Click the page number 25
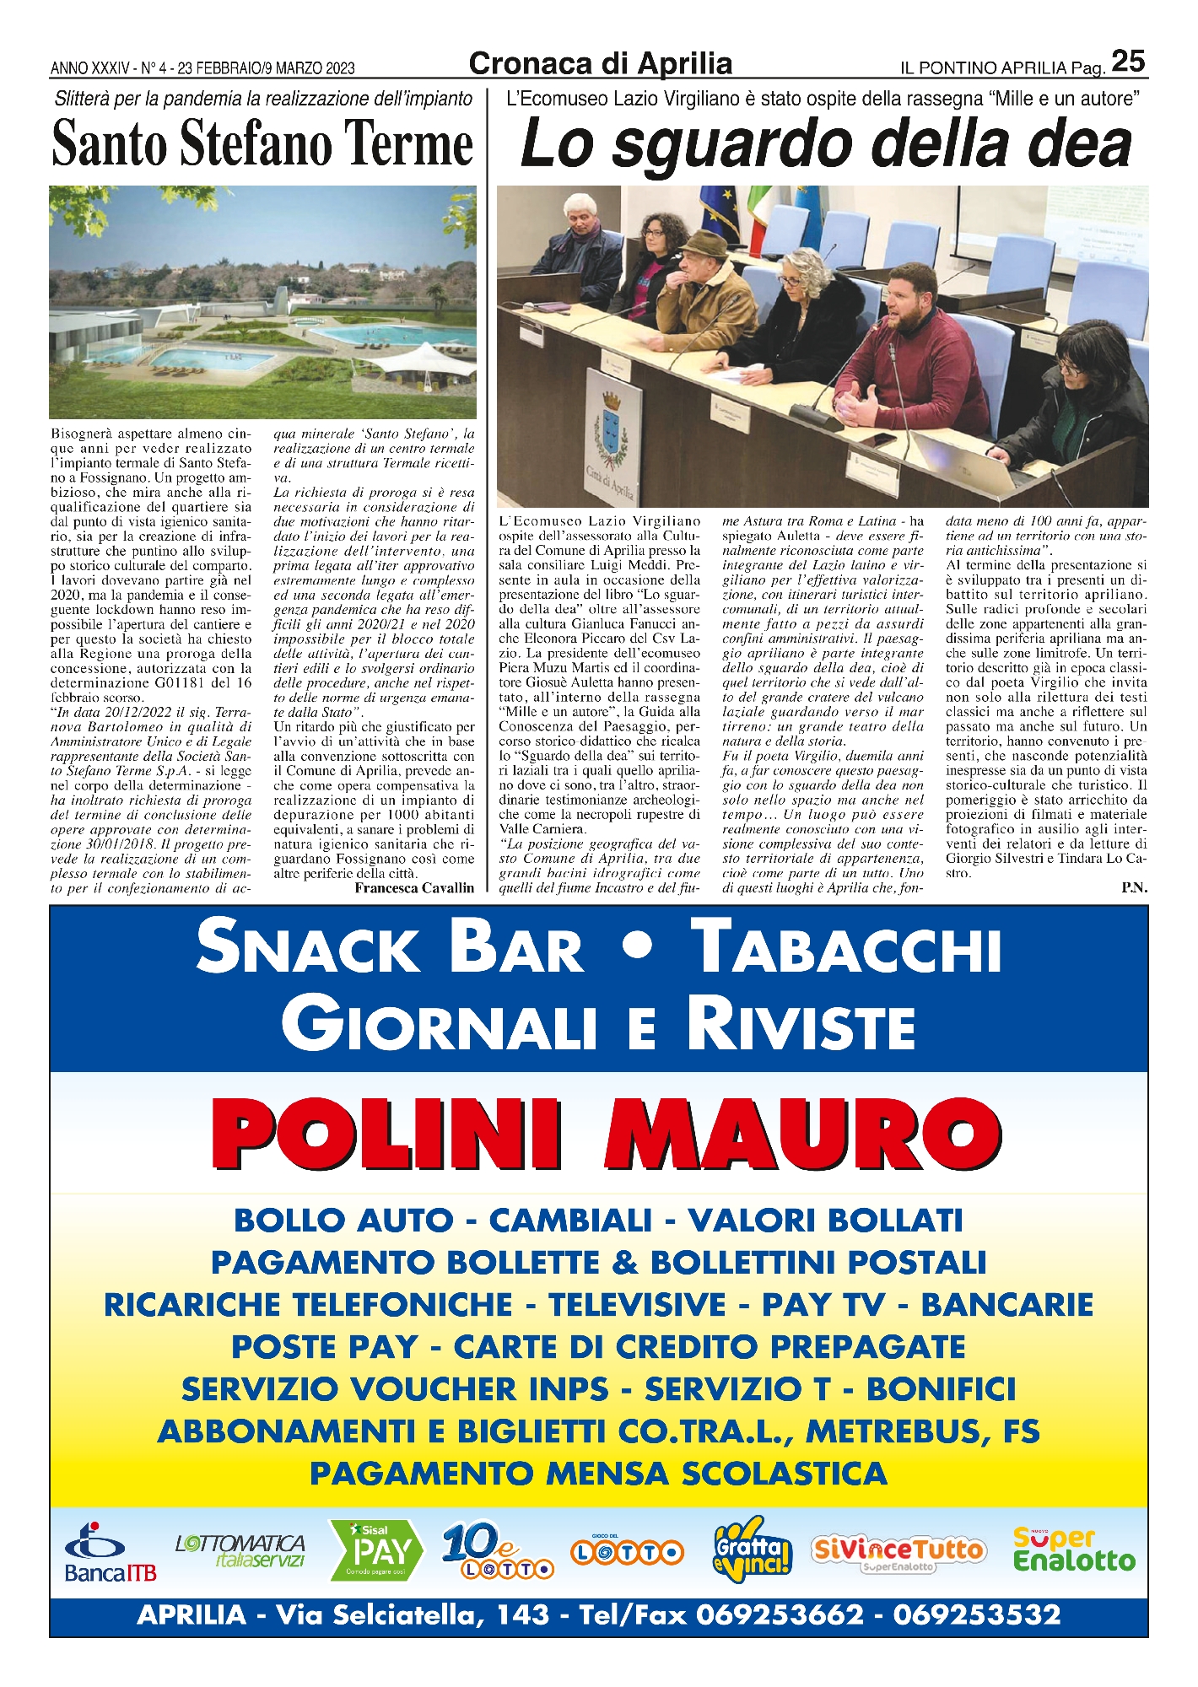(x=1128, y=62)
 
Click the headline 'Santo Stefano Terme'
(x=262, y=144)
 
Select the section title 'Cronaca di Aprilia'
(x=600, y=64)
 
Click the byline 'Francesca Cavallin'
(x=414, y=888)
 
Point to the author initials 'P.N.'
(x=1134, y=888)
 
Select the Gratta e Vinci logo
(x=752, y=1549)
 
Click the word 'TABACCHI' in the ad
(x=846, y=946)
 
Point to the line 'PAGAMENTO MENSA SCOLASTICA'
(x=598, y=1474)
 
